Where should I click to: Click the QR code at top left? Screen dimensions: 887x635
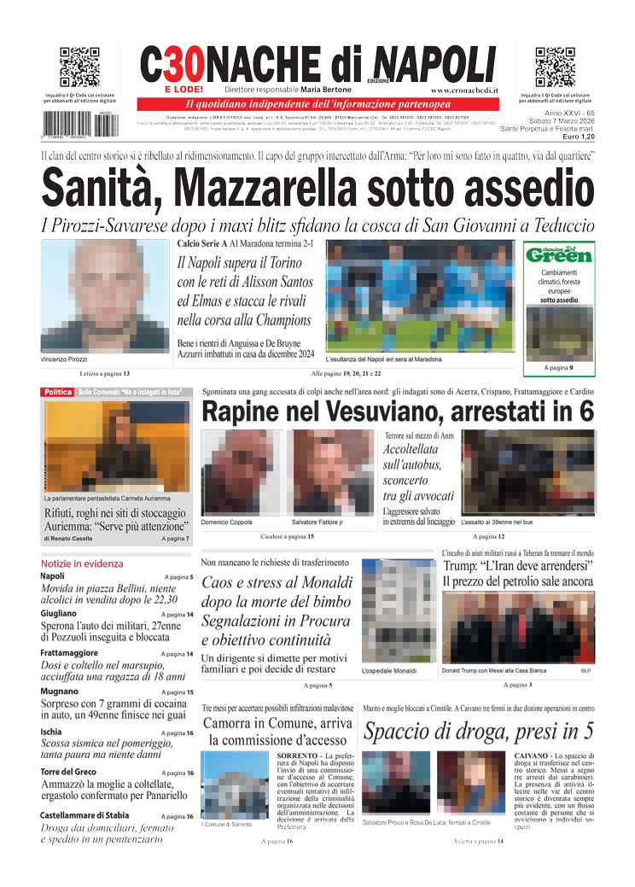[79, 67]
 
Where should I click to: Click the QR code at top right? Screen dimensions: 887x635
[555, 67]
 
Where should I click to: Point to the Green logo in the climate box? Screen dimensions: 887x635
[559, 255]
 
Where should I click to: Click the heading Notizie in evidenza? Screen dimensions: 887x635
[82, 563]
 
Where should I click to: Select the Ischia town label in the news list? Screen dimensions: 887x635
[52, 732]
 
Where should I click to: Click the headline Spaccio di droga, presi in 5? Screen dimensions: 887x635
[478, 732]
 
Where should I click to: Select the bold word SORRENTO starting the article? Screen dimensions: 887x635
[300, 756]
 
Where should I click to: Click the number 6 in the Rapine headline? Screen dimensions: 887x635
[585, 411]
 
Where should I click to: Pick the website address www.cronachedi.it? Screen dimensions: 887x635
[465, 90]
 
